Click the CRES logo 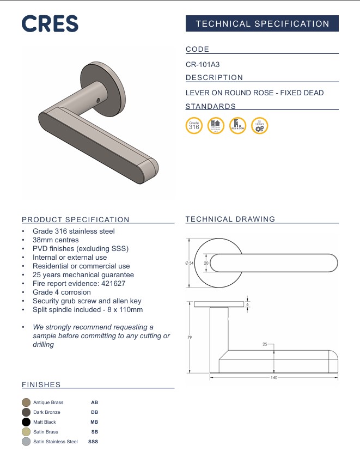(x=50, y=23)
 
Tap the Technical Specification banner (x=262, y=23)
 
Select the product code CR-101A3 (x=203, y=64)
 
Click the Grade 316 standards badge (x=194, y=126)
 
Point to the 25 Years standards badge (x=260, y=126)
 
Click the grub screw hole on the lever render (x=97, y=100)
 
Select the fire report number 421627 (x=113, y=284)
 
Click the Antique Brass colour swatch (x=26, y=402)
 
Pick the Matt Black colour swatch (x=26, y=422)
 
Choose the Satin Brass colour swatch (x=26, y=432)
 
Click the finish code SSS (x=93, y=442)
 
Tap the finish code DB (x=94, y=412)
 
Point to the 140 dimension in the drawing (x=273, y=377)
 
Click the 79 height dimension (x=190, y=338)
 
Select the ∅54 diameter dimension (x=190, y=264)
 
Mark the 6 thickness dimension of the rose (x=248, y=304)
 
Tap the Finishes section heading (x=41, y=384)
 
